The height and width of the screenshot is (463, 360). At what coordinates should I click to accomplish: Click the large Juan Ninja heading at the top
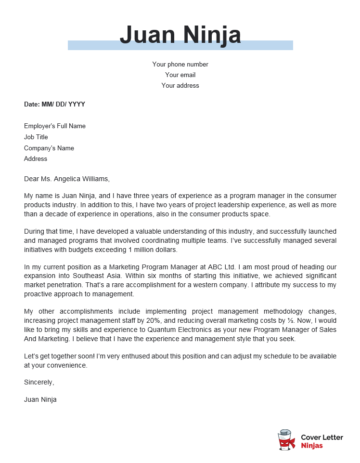tap(179, 37)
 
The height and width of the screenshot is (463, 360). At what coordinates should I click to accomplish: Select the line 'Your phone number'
tap(180, 64)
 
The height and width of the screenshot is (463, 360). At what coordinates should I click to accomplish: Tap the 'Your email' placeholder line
tap(180, 75)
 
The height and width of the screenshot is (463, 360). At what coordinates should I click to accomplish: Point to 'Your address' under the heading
tap(180, 86)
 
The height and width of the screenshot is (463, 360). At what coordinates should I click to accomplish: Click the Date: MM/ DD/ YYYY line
tap(55, 104)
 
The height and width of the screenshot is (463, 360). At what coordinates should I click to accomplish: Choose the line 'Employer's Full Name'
tap(55, 126)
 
